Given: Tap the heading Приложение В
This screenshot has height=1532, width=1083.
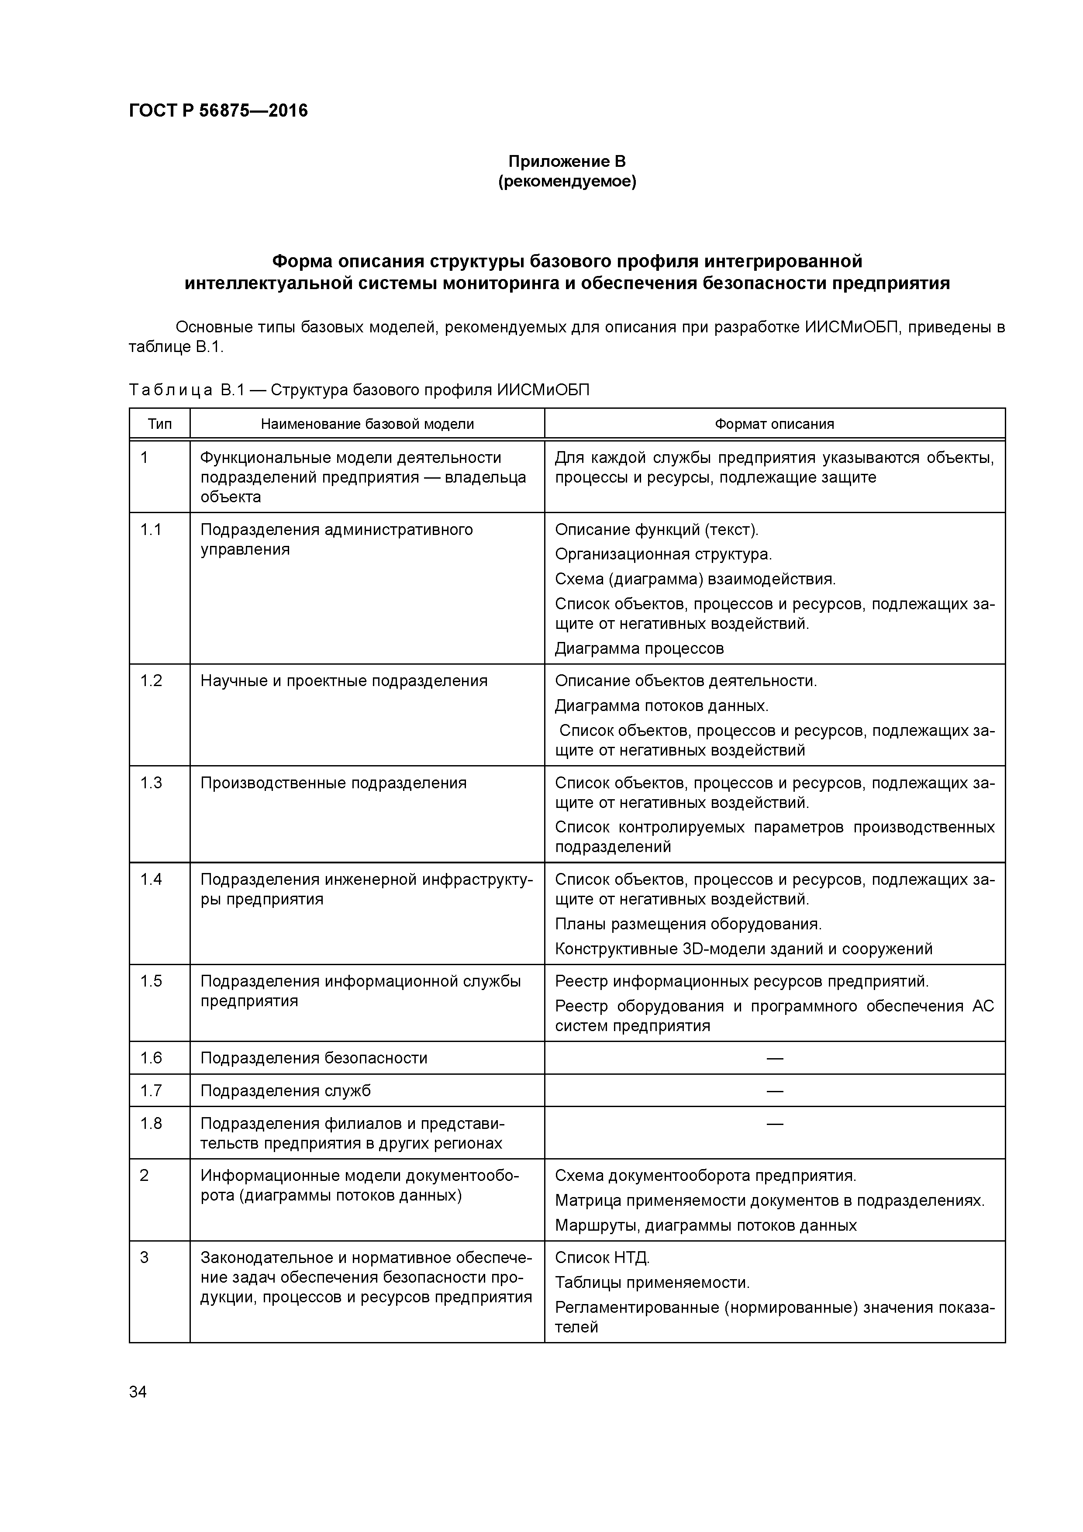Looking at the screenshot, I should click(x=567, y=162).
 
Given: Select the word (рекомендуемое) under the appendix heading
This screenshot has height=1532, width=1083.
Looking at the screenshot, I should click(x=567, y=182).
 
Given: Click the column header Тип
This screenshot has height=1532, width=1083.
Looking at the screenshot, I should click(x=159, y=424).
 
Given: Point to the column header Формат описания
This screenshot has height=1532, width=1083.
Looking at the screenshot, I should click(x=774, y=424).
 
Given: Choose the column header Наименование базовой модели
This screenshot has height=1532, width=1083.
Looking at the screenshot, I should click(x=367, y=424).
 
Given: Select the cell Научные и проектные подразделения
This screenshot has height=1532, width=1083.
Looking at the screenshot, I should click(x=344, y=680).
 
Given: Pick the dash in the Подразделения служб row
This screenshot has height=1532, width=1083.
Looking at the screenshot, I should click(x=774, y=1091).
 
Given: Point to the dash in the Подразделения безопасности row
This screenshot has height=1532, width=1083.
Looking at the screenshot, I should click(x=774, y=1058).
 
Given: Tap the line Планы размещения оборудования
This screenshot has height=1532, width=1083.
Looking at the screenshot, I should click(x=688, y=924).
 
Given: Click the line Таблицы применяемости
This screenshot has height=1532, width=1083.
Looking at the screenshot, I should click(x=652, y=1283).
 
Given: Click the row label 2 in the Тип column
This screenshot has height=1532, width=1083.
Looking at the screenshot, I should click(x=144, y=1175).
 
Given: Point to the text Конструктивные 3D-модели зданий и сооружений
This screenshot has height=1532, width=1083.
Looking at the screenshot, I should click(x=743, y=949).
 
